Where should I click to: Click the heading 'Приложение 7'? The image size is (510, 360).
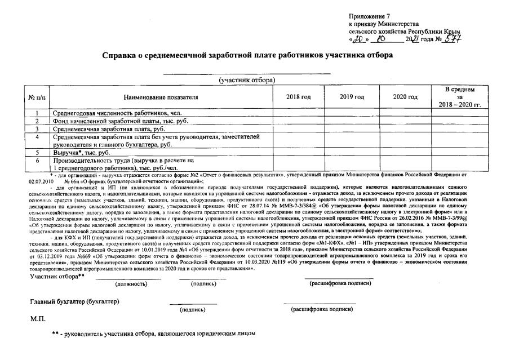369,19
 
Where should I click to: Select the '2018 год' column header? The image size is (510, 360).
299,97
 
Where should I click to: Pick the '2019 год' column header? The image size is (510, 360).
352,97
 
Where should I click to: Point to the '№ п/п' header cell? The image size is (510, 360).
37,97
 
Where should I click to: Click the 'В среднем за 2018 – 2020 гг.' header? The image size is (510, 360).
460,97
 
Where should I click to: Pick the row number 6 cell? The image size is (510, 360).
37,164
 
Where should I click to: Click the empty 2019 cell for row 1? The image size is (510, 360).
352,113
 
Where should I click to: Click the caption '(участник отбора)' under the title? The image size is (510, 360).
247,80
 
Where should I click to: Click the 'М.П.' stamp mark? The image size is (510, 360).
37,319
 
